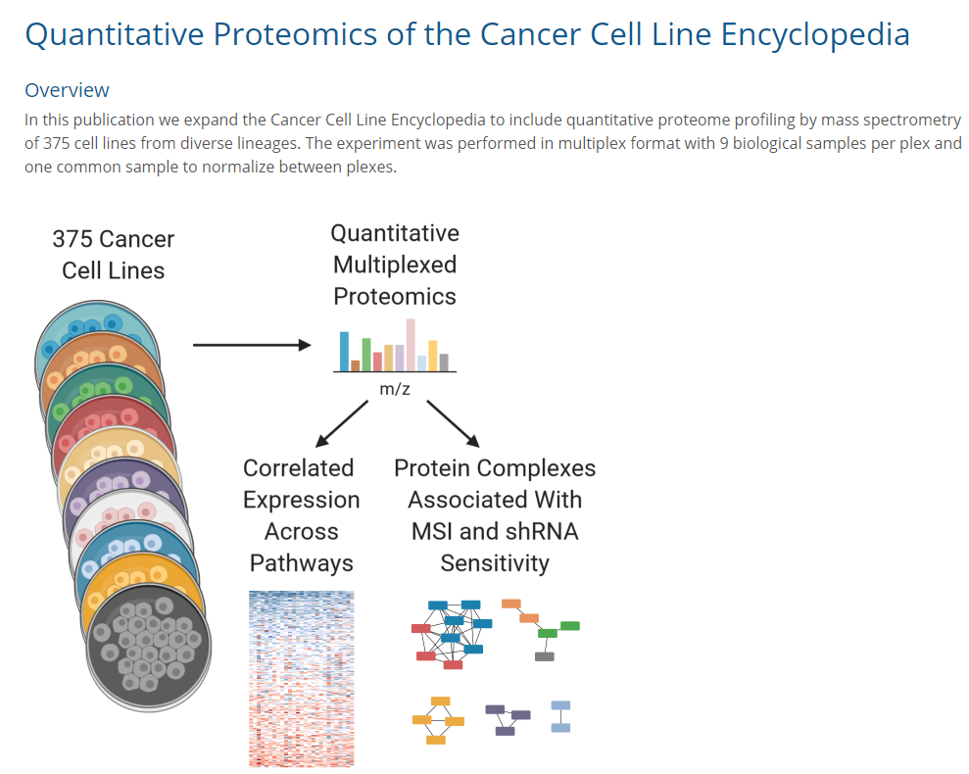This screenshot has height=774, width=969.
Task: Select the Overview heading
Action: click(x=67, y=90)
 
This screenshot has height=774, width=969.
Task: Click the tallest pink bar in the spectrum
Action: click(x=411, y=345)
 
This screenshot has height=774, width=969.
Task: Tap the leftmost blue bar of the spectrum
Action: click(x=345, y=351)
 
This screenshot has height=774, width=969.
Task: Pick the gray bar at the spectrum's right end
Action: click(x=444, y=363)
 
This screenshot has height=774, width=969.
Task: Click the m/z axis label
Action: click(x=394, y=389)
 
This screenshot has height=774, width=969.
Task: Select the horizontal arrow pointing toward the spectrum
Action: click(x=251, y=345)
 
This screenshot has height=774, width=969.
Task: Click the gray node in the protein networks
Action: click(x=544, y=656)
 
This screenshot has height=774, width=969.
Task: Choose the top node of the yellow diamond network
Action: click(x=440, y=701)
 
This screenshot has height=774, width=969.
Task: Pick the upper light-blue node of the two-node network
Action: click(x=560, y=705)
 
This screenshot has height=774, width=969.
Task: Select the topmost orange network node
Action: click(x=510, y=604)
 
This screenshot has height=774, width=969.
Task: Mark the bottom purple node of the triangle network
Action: click(x=505, y=731)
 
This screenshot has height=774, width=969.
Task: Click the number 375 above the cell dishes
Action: click(x=73, y=239)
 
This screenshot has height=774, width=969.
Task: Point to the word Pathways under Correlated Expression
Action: click(x=301, y=563)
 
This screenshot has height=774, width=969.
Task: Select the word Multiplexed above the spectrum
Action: click(x=395, y=265)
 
